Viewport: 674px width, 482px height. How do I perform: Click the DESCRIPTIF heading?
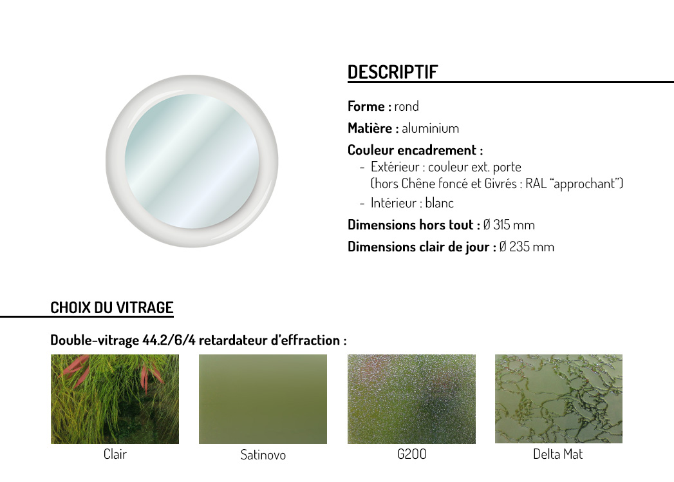pos(393,72)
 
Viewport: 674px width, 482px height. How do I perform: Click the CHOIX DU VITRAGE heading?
pos(112,308)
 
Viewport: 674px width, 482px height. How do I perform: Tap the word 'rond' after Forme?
pos(406,106)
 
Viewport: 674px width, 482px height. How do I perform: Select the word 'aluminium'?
pos(430,128)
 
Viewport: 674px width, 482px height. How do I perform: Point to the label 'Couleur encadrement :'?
pos(415,150)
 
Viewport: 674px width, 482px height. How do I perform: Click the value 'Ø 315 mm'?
pos(509,225)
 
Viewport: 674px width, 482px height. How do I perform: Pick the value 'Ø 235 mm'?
pos(527,247)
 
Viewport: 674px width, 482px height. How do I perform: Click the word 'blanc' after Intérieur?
pos(439,203)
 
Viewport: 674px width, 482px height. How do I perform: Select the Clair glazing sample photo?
pos(115,399)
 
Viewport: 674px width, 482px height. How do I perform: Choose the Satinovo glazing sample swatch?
pos(263,399)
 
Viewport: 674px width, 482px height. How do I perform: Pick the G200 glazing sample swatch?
pos(411,399)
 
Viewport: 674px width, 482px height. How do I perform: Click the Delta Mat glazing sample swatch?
pos(558,398)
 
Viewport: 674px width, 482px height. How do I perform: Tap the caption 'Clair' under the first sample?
pos(115,454)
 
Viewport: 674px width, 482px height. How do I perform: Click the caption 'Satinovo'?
pos(263,455)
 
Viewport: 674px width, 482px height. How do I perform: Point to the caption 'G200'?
pos(412,454)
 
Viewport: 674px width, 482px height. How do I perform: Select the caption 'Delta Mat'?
pos(558,454)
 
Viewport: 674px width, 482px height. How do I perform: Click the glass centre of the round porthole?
pos(192,161)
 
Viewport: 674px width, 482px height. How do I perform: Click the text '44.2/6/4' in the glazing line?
pos(169,340)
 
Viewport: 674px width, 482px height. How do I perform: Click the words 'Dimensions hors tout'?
pos(411,225)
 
